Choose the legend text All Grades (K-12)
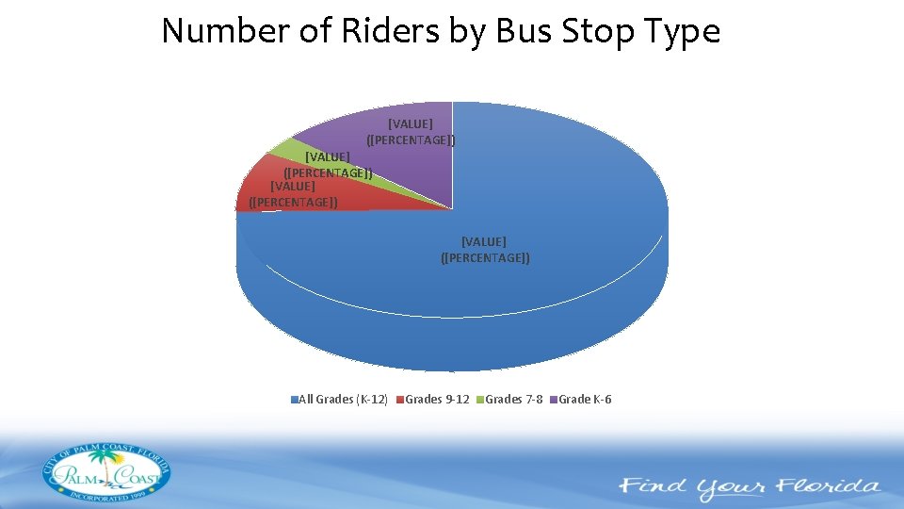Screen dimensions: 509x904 tap(343, 400)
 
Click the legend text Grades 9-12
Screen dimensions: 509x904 tap(437, 400)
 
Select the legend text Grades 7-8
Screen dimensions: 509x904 tap(513, 400)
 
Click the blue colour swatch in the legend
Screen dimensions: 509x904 tap(294, 400)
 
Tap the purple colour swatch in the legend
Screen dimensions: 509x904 tap(555, 400)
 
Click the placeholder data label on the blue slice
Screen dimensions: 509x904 tap(484, 250)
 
